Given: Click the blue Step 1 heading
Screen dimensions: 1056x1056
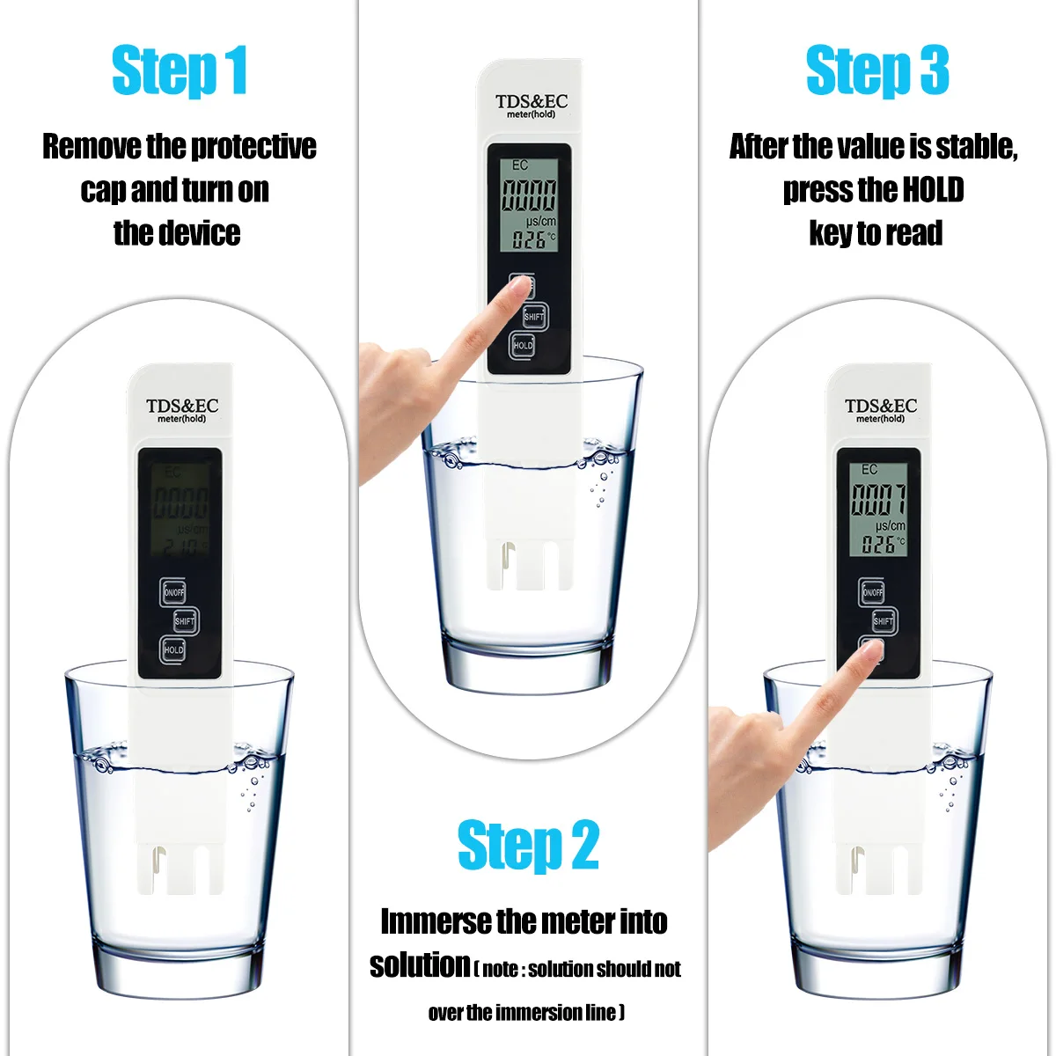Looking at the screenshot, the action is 180,72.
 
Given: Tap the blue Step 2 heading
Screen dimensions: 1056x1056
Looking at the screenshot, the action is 528,845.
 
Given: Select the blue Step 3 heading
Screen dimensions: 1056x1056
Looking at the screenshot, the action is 876,70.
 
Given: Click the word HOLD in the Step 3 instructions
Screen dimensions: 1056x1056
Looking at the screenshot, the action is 933,189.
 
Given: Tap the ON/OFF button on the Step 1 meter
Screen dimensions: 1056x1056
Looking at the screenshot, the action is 173,592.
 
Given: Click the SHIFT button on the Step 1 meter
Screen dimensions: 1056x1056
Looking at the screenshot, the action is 185,621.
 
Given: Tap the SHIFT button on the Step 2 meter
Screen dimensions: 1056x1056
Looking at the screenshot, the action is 534,316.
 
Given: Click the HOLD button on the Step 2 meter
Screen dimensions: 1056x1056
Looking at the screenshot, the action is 522,345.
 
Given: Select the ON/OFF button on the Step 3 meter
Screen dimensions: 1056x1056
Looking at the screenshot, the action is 872,592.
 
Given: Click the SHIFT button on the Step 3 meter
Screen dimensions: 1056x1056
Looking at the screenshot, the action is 884,621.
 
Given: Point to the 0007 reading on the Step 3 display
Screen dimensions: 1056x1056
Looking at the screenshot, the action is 878,499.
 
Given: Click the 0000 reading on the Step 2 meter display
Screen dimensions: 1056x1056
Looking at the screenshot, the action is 529,195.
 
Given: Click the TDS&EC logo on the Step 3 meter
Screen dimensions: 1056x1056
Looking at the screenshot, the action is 880,406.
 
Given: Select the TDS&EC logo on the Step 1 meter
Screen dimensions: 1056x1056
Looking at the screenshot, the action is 182,406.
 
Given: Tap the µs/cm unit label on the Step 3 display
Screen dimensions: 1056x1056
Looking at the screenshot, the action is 890,526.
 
